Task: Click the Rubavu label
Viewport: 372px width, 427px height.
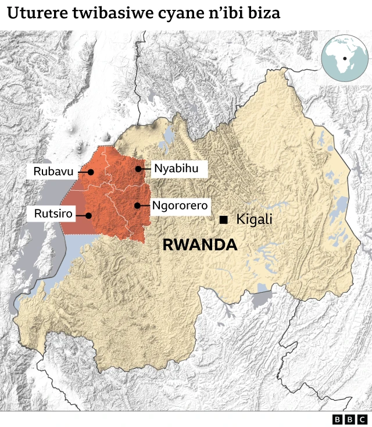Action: [53, 172]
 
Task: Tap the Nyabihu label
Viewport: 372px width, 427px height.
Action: [172, 169]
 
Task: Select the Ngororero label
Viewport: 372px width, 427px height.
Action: [180, 205]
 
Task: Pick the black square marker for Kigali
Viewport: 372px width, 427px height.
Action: [223, 219]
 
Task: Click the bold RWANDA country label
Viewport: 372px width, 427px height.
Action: [200, 245]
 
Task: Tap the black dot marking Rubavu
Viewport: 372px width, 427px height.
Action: [91, 172]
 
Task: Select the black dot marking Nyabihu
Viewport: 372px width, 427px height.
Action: [138, 169]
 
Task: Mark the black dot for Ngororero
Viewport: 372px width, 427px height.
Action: [137, 205]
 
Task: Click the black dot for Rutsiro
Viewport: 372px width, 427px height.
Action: [89, 215]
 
